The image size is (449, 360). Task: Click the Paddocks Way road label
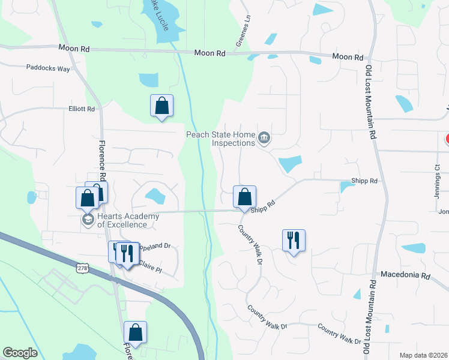[x=48, y=68]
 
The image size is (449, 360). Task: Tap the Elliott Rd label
[x=82, y=109]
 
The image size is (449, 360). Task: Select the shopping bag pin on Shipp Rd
[x=244, y=197]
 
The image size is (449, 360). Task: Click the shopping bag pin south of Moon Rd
[x=161, y=106]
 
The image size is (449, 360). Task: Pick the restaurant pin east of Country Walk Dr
[x=294, y=240]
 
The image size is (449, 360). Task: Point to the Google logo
[x=20, y=353]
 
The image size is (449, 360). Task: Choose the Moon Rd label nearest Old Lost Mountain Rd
[x=348, y=58]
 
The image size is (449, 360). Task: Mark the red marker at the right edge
[x=447, y=139]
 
